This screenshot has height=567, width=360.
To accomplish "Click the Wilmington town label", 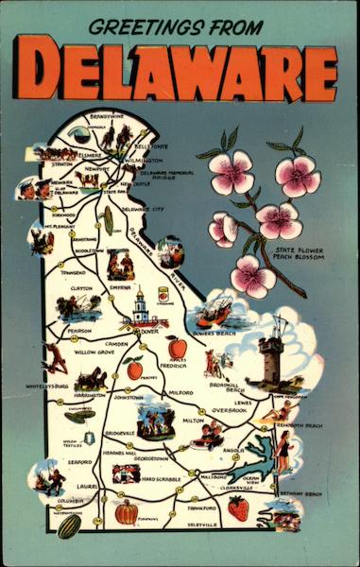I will point(144,161).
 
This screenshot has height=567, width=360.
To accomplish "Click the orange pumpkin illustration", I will point(127,512).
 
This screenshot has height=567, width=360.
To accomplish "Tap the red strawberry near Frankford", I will point(238,507).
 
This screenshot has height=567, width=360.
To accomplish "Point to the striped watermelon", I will point(68,525).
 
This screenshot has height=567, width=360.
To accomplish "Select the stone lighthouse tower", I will point(272,356).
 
